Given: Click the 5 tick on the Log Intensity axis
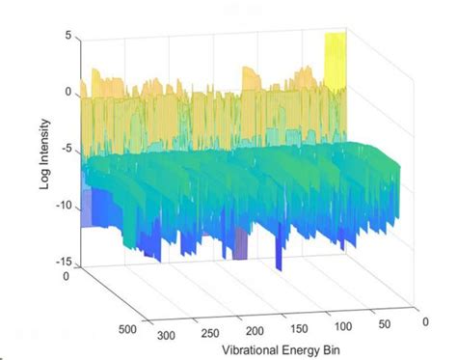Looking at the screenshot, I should pyautogui.click(x=68, y=36).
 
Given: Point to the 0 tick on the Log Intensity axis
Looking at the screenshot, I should pyautogui.click(x=68, y=93).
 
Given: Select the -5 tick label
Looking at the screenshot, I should pyautogui.click(x=66, y=151).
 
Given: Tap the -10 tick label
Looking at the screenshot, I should pyautogui.click(x=63, y=207).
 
